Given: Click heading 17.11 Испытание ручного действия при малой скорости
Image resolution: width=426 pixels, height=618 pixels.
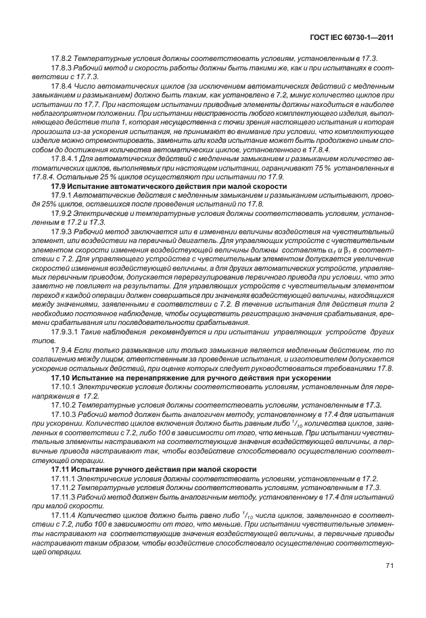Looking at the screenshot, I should point(154,468).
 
